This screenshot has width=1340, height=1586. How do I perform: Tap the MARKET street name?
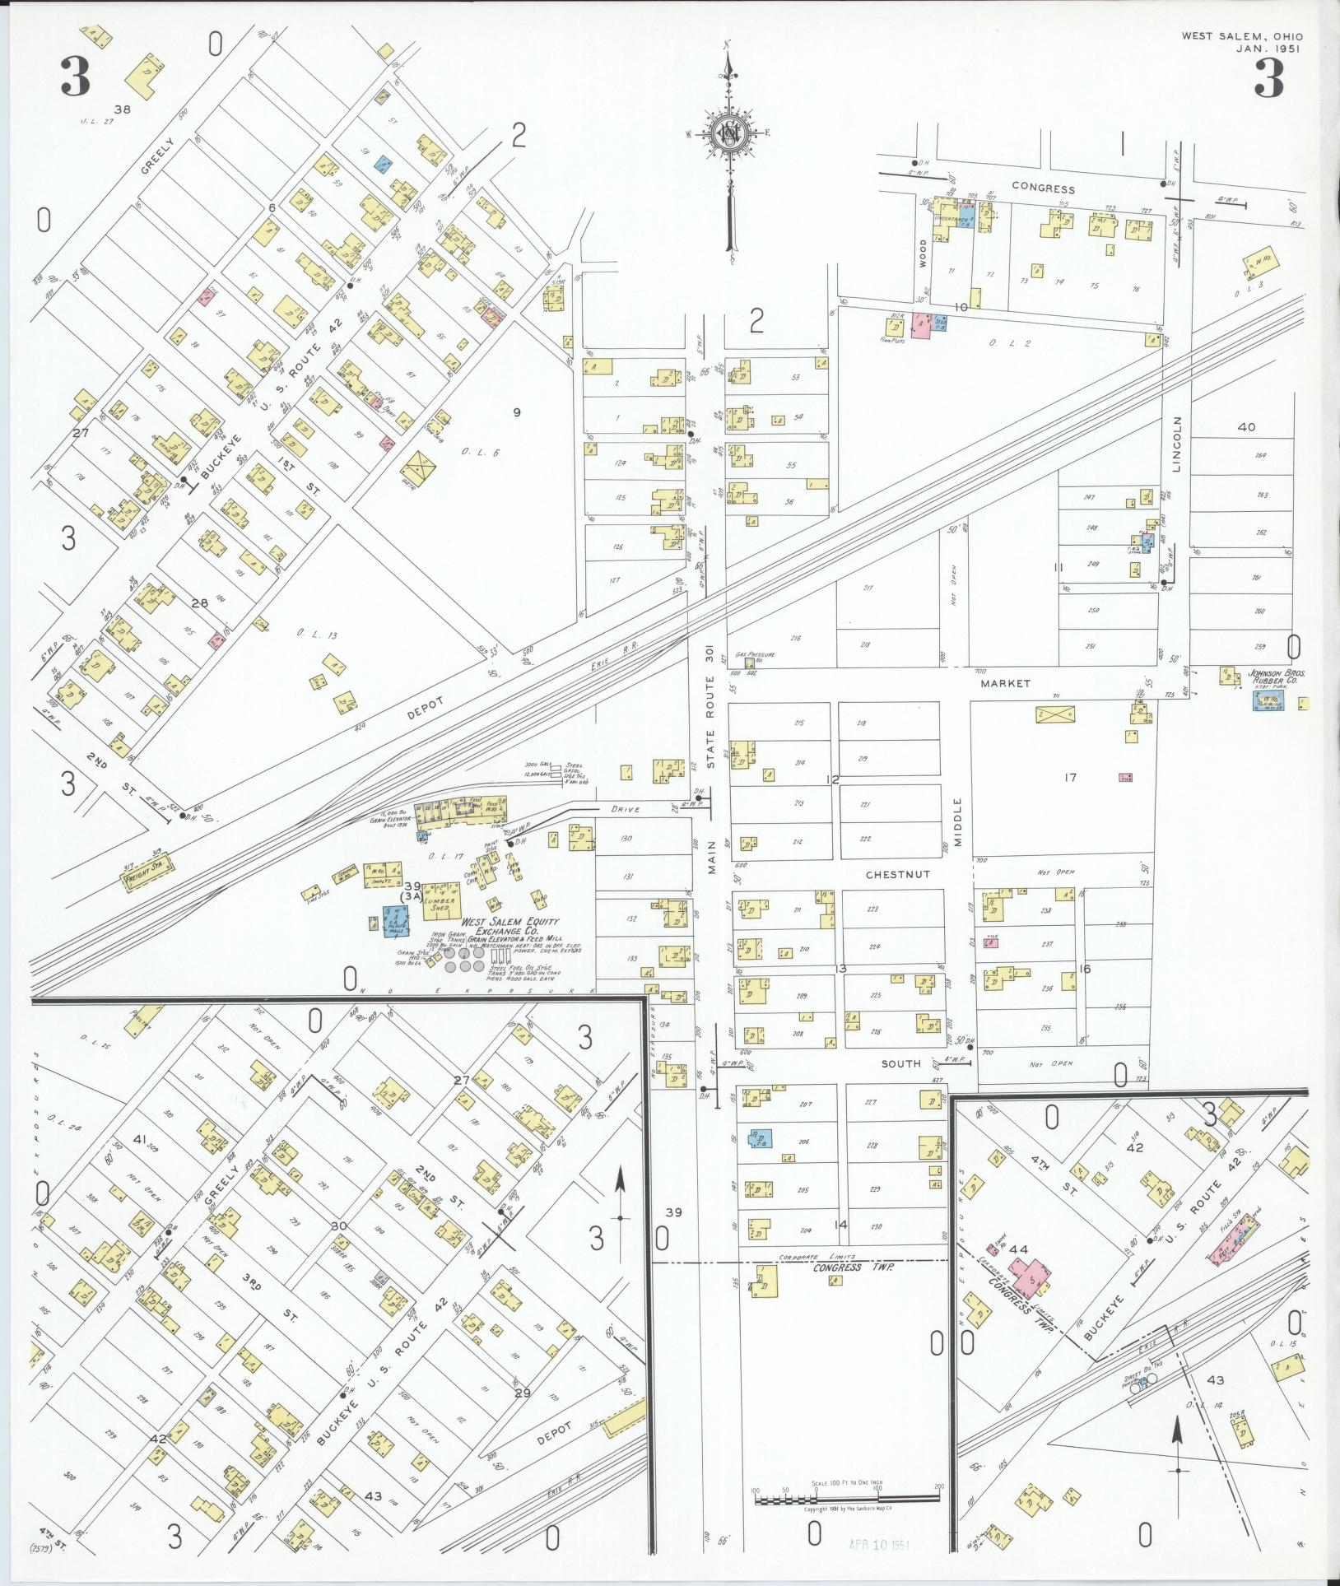pyautogui.click(x=1005, y=684)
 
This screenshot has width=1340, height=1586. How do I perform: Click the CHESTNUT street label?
pyautogui.click(x=897, y=875)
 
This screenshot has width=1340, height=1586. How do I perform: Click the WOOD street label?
pyautogui.click(x=923, y=250)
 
